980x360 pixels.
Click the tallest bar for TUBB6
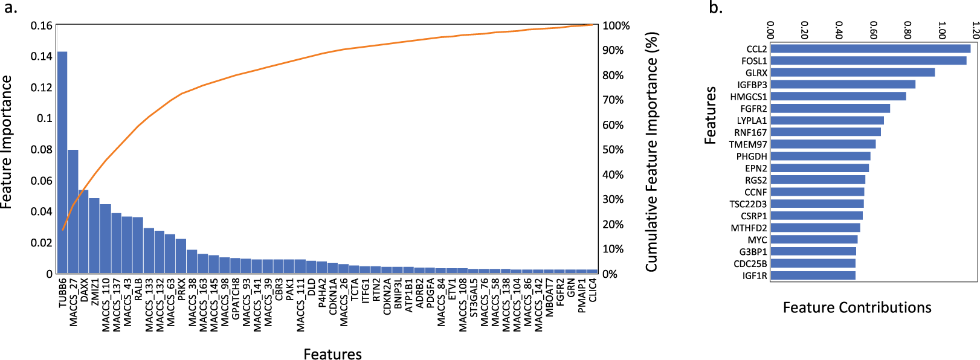pyautogui.click(x=62, y=163)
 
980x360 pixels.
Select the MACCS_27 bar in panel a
pyautogui.click(x=73, y=211)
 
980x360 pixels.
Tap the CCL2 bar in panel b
pyautogui.click(x=870, y=49)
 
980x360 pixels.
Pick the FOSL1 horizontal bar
pyautogui.click(x=868, y=60)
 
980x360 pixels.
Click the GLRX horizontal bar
pyautogui.click(x=853, y=72)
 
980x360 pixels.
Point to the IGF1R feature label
pyautogui.click(x=755, y=276)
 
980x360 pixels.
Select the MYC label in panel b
pyautogui.click(x=757, y=240)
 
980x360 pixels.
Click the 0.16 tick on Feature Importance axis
pyautogui.click(x=42, y=25)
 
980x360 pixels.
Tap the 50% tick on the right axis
pyautogui.click(x=613, y=150)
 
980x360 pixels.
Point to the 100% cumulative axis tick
pyautogui.click(x=616, y=26)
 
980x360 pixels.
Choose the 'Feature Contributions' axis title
pyautogui.click(x=857, y=308)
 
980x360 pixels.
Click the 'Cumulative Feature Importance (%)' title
pyautogui.click(x=651, y=151)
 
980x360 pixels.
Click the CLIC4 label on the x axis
pyautogui.click(x=593, y=290)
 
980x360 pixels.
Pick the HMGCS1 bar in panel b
pyautogui.click(x=838, y=97)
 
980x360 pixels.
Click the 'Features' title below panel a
pyautogui.click(x=332, y=354)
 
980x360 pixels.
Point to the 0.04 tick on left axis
pyautogui.click(x=42, y=211)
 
